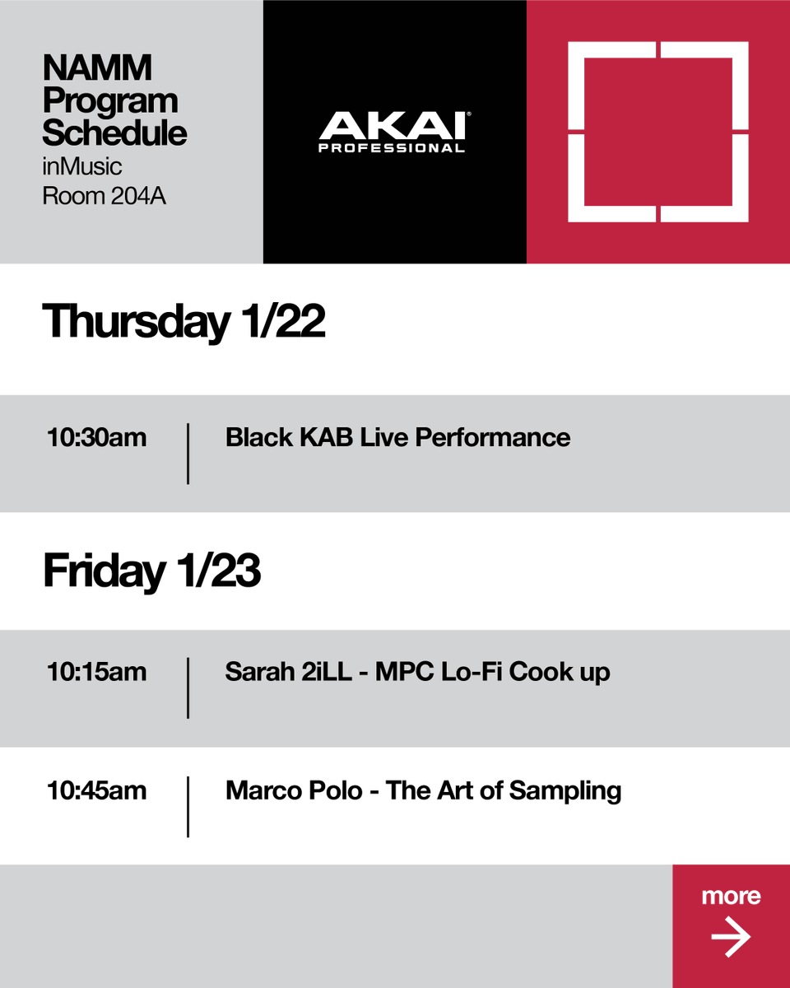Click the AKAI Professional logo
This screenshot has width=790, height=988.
coord(394,132)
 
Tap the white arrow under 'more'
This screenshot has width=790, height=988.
coord(731,938)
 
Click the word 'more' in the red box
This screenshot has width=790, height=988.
coord(731,896)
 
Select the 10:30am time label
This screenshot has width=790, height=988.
coord(96,436)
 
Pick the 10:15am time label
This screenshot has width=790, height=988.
coord(96,672)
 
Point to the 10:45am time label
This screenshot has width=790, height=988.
coord(96,790)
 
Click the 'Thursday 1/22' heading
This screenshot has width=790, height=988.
coord(184,322)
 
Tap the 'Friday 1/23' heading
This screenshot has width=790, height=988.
coord(151,571)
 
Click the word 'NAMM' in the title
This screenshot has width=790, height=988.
coord(97,68)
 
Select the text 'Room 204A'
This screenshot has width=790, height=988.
coord(105,197)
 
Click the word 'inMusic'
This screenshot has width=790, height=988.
coord(82,166)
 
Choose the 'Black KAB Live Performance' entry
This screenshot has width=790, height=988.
coord(397,436)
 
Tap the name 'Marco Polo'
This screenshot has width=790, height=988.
coord(294,790)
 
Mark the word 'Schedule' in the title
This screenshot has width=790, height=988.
coord(114,133)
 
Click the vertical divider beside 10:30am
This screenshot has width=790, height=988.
coord(188,454)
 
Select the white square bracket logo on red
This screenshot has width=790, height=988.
coord(658,132)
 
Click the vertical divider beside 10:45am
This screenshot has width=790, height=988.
coord(188,807)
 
